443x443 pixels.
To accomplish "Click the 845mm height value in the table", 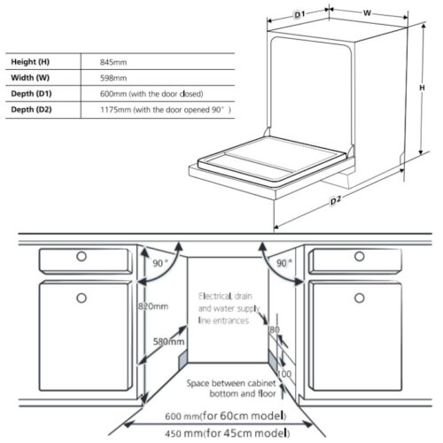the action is point(113,62).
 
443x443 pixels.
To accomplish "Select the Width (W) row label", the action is point(30,78).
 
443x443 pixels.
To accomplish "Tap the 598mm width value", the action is point(113,78).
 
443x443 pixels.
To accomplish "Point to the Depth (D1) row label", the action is point(31,94).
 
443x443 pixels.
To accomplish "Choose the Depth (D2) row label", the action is point(31,110).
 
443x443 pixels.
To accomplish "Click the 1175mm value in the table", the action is point(115,110).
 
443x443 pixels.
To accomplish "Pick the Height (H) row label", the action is point(30,62).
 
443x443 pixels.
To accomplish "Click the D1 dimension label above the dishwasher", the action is point(299,14).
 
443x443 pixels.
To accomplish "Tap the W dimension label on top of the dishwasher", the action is point(367,13).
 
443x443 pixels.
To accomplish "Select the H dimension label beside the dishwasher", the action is point(422,88).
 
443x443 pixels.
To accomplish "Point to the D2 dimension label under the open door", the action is point(335,200).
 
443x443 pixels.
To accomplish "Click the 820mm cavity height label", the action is point(153,307).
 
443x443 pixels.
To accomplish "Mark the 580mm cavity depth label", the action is point(168,342).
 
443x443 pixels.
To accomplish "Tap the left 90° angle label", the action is point(160,263).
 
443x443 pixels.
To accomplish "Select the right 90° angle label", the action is point(284,263).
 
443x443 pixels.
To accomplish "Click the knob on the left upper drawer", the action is point(82,256).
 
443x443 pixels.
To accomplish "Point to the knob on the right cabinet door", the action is point(360,298).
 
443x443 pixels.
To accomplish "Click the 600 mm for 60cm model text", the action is point(226,416).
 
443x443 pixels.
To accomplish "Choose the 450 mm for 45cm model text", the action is point(227,433).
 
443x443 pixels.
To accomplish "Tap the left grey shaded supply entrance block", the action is point(183,359).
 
